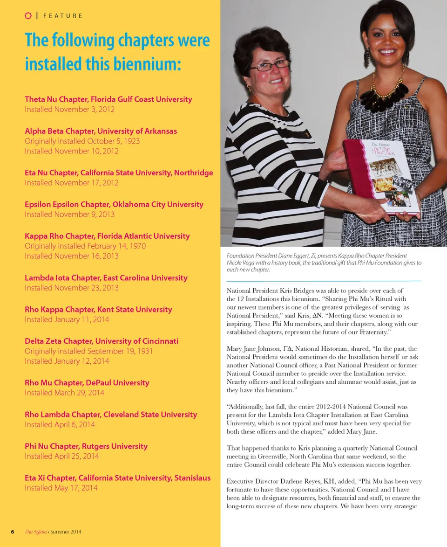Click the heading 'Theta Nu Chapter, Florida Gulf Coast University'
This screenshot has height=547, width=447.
108,99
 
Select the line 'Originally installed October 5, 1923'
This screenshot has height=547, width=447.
82,141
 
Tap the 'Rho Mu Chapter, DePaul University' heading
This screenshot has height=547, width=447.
87,382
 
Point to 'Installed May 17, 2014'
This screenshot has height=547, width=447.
61,488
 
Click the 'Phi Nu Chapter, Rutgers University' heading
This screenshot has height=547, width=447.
86,446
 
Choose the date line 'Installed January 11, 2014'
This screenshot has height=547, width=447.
67,319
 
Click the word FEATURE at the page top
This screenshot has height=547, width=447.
62,16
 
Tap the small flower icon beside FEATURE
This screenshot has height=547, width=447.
28,15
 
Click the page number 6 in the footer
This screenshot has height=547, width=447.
13,532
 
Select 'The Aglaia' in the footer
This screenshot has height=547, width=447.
35,532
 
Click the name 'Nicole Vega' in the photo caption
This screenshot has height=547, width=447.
243,263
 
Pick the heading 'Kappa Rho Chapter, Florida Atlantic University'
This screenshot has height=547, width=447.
107,236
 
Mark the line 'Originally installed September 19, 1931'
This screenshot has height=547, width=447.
88,351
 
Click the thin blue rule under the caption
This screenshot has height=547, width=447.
324,281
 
